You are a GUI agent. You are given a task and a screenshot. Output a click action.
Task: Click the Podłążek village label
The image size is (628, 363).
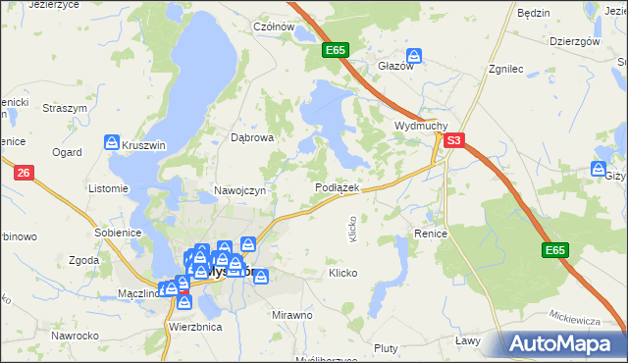click(x=339, y=187)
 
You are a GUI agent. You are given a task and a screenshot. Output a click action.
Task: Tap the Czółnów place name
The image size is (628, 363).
click(x=275, y=27)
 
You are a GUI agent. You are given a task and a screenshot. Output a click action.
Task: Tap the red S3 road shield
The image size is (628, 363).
click(x=452, y=141)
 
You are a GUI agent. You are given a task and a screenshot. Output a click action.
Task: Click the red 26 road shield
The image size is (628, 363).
click(x=24, y=173)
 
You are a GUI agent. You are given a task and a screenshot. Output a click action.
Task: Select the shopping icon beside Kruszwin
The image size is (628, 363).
click(x=112, y=143)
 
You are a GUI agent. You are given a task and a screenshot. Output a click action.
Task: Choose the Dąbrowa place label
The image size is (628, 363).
click(x=251, y=138)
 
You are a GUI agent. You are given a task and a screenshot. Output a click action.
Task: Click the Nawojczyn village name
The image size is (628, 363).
click(x=239, y=190)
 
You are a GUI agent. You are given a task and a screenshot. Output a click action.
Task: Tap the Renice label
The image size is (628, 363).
click(x=431, y=234)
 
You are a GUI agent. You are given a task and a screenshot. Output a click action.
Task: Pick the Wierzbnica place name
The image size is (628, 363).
click(x=195, y=326)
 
